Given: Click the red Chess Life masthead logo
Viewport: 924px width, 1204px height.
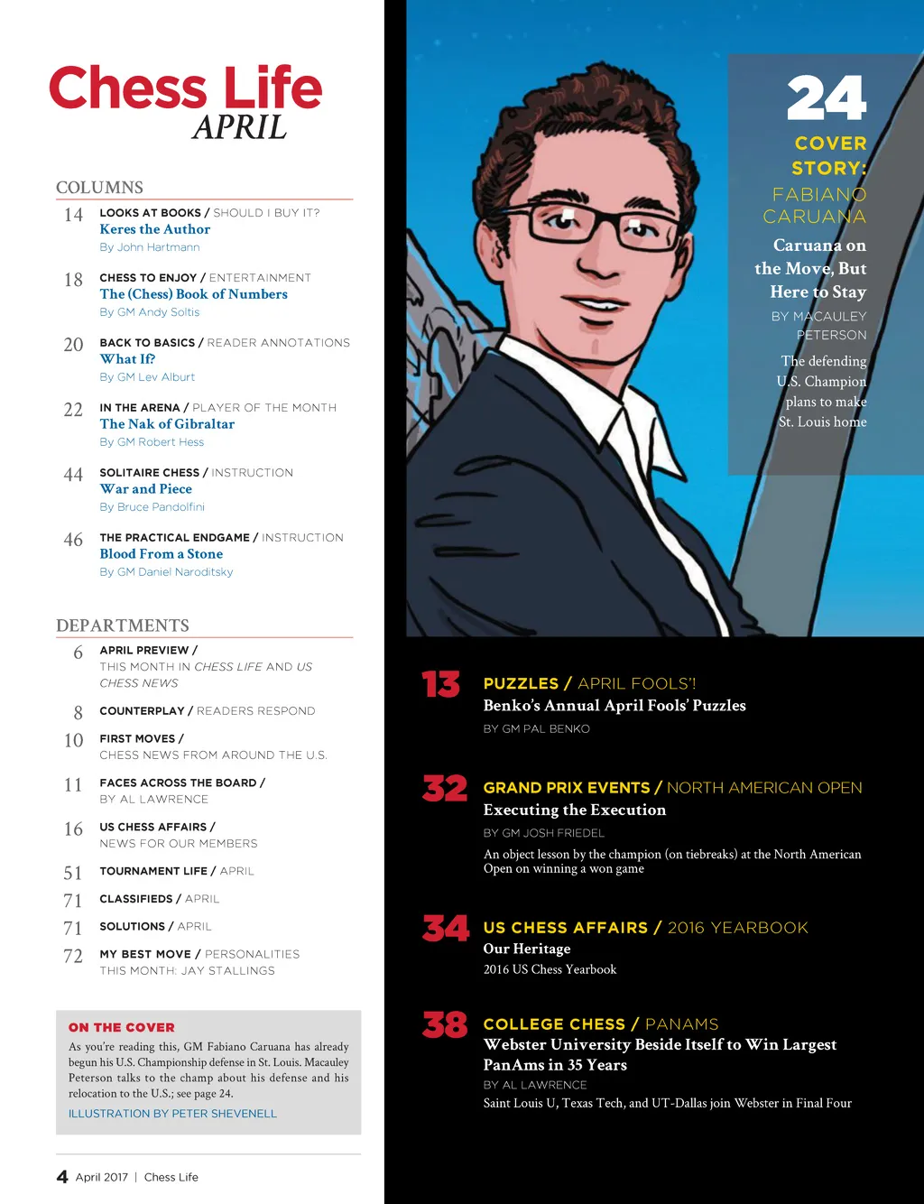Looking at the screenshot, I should [185, 88].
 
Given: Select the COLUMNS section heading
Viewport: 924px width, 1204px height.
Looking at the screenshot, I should [99, 188].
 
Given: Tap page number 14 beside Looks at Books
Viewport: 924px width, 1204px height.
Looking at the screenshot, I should [73, 215].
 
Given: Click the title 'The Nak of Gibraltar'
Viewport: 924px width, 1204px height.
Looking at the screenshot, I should [167, 424].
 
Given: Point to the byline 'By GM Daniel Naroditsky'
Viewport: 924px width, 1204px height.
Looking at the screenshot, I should [166, 572].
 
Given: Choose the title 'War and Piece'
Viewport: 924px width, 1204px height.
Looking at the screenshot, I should [145, 489].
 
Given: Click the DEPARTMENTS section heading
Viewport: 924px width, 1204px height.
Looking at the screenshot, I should [123, 625].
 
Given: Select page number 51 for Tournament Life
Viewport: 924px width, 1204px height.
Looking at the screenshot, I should [73, 873].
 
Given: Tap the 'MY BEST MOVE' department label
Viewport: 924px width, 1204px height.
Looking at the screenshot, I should [145, 954].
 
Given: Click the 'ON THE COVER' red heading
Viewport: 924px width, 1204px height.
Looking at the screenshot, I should [122, 1027].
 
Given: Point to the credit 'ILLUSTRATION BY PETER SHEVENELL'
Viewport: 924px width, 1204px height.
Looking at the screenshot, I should [172, 1114].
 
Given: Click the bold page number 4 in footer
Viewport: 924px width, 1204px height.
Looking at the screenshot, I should [62, 1177].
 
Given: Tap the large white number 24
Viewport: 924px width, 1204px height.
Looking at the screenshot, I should [826, 98].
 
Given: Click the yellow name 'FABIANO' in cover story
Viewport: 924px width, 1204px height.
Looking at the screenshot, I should [819, 194].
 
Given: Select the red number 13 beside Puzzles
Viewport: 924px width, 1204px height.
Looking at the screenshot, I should [440, 685].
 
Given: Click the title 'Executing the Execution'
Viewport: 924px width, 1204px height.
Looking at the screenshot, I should [575, 810].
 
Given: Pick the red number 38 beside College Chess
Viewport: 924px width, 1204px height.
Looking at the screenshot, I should [445, 1025].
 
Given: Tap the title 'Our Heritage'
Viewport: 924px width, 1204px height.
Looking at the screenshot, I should [527, 949].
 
